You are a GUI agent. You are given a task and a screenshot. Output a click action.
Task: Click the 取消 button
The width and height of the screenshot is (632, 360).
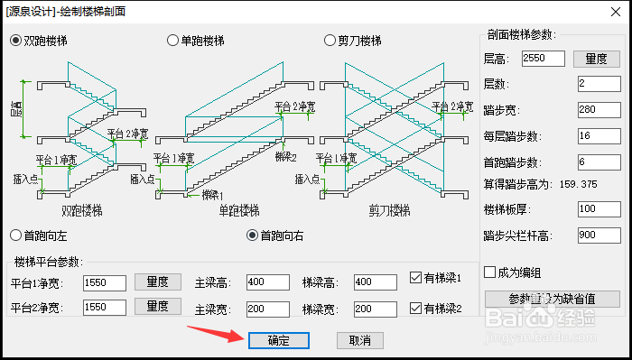pos(360,340)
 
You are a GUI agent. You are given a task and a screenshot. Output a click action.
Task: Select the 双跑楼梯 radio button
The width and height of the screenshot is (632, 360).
pos(16,41)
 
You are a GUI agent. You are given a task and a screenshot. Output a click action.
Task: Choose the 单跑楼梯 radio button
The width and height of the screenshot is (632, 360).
pos(172,41)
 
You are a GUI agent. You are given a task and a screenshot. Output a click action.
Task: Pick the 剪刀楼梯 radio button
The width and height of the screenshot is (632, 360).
pos(330,41)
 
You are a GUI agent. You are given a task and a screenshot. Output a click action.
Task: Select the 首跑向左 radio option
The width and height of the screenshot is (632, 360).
pos(15,235)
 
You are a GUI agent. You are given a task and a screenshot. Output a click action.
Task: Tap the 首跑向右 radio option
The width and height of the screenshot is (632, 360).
pos(253,235)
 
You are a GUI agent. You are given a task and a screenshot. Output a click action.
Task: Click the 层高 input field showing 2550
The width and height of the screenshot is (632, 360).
pos(544,59)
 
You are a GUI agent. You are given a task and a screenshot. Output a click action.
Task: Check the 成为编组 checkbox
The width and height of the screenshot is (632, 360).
pos(490,272)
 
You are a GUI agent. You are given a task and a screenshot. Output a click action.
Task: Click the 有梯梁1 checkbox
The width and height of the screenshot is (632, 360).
pos(415,279)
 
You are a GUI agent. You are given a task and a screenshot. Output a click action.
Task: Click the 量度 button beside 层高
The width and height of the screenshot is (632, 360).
pos(596,59)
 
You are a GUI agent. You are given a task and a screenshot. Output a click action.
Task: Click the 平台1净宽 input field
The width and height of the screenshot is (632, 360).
pos(104,282)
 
